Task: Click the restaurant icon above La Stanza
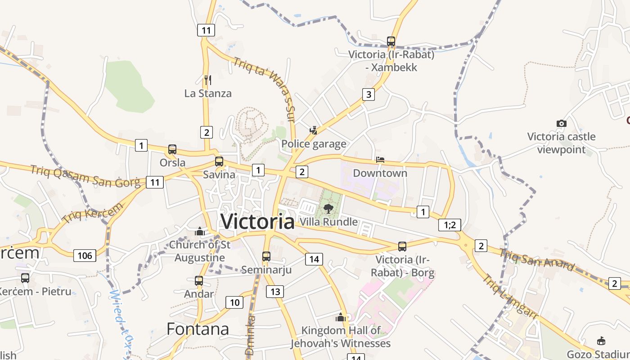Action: pyautogui.click(x=207, y=80)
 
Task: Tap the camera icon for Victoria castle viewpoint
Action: pyautogui.click(x=561, y=123)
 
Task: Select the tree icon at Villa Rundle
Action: pyautogui.click(x=328, y=208)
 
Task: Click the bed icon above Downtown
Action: pyautogui.click(x=380, y=160)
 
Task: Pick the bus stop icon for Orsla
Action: pyautogui.click(x=172, y=149)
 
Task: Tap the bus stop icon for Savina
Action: pyautogui.click(x=219, y=161)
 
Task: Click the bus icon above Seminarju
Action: pyautogui.click(x=266, y=256)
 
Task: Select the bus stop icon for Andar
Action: pyautogui.click(x=199, y=281)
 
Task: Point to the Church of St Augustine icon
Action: pyautogui.click(x=199, y=232)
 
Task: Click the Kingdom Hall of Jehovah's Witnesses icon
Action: pyautogui.click(x=341, y=317)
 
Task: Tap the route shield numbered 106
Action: pyautogui.click(x=85, y=256)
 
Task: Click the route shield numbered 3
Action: pyautogui.click(x=369, y=94)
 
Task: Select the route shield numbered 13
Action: pyautogui.click(x=275, y=292)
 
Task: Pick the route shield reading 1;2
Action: pyautogui.click(x=450, y=225)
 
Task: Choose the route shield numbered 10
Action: pyautogui.click(x=234, y=302)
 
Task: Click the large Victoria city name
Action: pyautogui.click(x=257, y=221)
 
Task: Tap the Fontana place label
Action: pyautogui.click(x=198, y=329)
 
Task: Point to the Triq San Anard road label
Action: pyautogui.click(x=537, y=260)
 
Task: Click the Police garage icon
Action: pyautogui.click(x=314, y=130)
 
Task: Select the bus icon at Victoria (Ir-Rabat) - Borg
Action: pyautogui.click(x=402, y=247)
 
